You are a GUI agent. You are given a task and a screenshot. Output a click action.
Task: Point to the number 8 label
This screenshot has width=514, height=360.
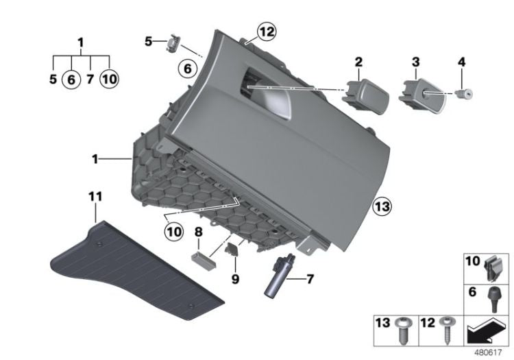(x=198, y=235)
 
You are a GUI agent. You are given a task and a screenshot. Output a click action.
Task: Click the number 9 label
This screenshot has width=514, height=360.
(x=235, y=280)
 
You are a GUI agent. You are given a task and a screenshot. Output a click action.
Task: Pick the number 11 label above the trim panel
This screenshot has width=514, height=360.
(x=95, y=197)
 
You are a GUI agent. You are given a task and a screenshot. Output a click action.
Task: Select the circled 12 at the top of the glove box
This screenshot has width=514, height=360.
(x=265, y=31)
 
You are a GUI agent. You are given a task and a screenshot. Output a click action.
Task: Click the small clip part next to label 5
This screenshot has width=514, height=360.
(x=171, y=44)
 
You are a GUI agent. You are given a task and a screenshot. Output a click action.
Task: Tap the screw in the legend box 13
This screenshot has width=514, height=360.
(x=402, y=332)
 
